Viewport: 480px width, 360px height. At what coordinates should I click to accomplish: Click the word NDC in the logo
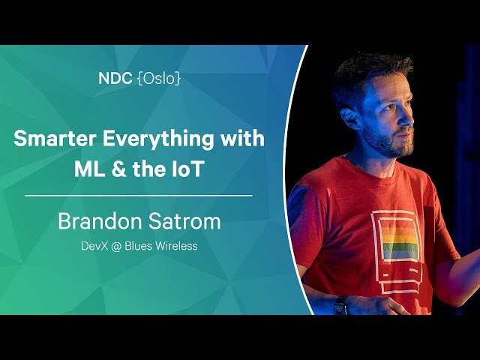click(x=115, y=79)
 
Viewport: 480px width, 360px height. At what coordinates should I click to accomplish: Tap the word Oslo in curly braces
click(x=159, y=79)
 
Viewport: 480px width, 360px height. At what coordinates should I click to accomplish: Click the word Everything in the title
click(x=158, y=140)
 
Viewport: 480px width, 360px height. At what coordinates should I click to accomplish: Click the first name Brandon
click(x=97, y=221)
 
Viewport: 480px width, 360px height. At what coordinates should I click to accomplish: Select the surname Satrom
click(x=181, y=221)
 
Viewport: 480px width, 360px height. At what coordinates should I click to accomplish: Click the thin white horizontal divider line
click(x=138, y=195)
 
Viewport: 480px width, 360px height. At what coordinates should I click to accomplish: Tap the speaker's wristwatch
click(x=340, y=305)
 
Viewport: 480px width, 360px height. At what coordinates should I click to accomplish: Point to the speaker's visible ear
click(x=351, y=118)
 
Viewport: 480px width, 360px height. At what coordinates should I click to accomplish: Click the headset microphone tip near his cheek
click(x=382, y=144)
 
